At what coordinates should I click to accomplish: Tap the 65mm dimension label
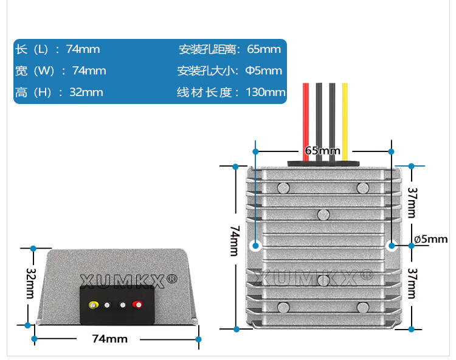coord(322,150)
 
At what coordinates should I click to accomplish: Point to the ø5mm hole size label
coord(430,239)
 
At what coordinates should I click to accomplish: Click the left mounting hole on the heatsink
coord(256,246)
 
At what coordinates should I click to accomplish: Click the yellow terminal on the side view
coord(93,304)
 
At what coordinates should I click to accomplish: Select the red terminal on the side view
coord(136,304)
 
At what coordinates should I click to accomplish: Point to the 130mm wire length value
coord(266,92)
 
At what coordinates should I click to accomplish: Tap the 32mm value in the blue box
coord(86,92)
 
